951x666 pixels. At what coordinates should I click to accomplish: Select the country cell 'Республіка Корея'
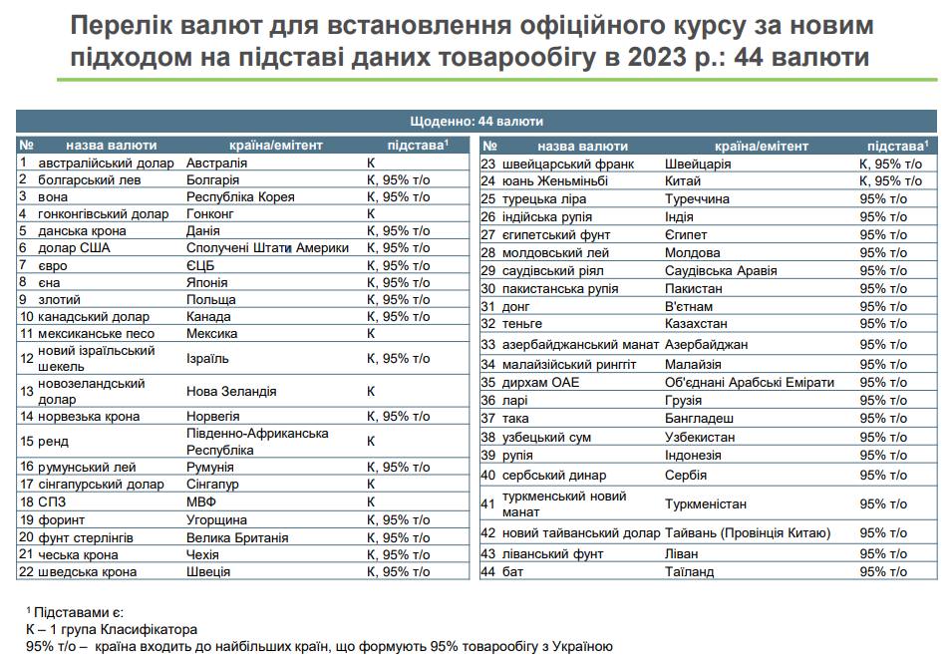(240, 196)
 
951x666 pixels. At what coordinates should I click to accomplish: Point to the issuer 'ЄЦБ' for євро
(200, 265)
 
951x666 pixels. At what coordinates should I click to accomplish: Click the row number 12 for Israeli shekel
(26, 358)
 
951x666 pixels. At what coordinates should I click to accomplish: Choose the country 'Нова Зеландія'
(231, 392)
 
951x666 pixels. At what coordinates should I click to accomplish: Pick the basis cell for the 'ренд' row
(371, 441)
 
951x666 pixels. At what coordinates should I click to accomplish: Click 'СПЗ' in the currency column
(51, 502)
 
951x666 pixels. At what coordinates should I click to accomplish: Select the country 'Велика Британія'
(237, 537)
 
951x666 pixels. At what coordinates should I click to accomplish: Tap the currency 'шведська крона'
(87, 572)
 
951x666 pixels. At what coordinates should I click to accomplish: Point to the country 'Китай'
(683, 181)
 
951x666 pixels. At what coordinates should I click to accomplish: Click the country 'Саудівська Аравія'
(723, 271)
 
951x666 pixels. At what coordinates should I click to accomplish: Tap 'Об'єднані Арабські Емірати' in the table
(750, 382)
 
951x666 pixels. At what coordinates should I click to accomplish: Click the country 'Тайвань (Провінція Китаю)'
(748, 533)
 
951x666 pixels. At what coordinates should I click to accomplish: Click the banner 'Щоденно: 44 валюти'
(475, 122)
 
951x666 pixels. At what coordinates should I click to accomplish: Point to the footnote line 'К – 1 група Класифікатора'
(112, 629)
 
